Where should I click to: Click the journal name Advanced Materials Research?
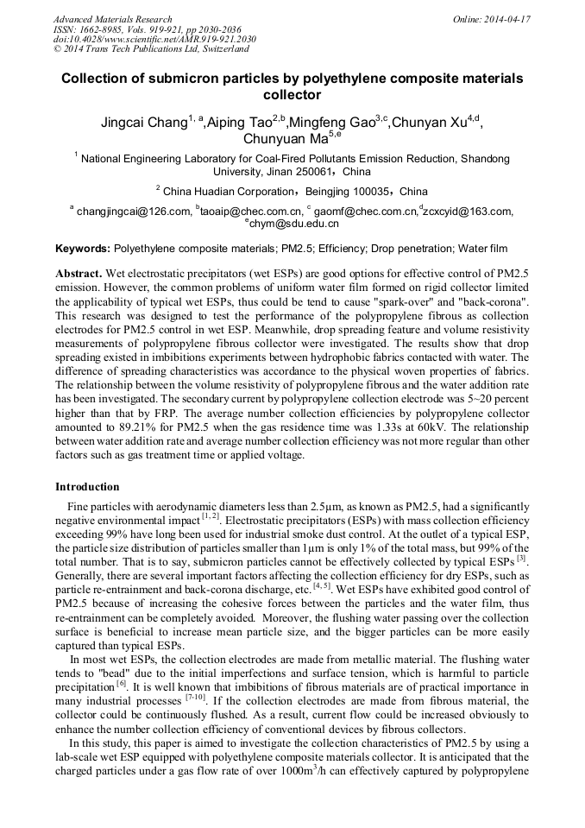point(112,19)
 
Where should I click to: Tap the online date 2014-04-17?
point(507,19)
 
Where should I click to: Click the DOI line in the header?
point(154,40)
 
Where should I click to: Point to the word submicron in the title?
point(188,79)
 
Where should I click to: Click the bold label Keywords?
point(83,249)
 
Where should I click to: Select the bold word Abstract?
point(78,272)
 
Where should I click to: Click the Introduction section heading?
point(87,487)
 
